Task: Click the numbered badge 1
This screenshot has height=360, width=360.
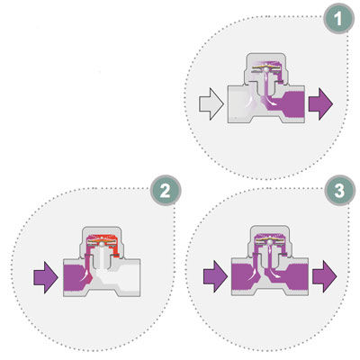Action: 338,19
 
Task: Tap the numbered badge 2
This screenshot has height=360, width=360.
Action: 166,190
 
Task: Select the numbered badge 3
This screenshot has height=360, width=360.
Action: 340,190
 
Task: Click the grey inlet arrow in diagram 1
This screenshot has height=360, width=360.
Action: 211,104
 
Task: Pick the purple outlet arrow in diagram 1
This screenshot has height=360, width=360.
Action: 320,104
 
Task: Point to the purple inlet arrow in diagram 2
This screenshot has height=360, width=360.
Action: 46,277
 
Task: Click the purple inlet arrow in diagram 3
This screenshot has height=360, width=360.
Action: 215,276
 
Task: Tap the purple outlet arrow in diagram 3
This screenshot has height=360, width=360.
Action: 325,276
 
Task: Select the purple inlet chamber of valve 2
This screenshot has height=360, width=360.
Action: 75,278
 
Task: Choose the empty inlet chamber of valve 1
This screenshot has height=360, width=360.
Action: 240,103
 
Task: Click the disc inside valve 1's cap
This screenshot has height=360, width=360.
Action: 265,67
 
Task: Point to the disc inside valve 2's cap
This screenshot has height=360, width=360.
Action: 102,241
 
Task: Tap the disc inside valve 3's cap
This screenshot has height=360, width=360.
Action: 270,240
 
